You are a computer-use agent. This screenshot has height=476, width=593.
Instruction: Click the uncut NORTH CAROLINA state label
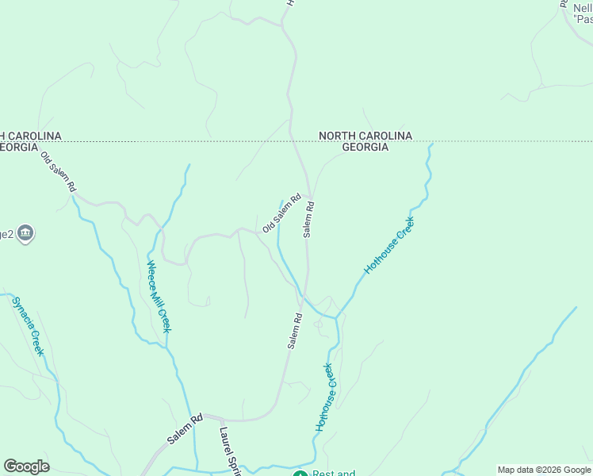(365, 136)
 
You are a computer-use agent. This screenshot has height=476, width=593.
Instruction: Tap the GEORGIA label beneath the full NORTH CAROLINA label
(365, 148)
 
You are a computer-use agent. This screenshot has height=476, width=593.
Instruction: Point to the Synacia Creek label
(27, 326)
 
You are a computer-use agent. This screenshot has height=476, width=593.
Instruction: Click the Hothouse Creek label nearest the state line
(389, 246)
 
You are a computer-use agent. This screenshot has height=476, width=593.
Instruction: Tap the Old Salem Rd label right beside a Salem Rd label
(281, 213)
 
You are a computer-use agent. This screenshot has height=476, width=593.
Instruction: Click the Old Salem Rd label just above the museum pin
(59, 171)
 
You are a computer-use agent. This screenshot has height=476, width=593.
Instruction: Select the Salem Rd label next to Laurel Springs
(186, 428)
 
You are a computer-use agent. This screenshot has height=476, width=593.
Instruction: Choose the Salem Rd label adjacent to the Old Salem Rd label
(309, 220)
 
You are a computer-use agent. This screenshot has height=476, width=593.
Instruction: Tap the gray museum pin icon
(25, 233)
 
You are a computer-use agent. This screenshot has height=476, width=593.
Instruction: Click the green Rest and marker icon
(300, 473)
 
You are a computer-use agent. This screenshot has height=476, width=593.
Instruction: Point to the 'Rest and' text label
(334, 473)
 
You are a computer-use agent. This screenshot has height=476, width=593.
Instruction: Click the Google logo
(26, 466)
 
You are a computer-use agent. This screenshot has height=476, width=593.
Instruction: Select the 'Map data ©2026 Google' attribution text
(545, 470)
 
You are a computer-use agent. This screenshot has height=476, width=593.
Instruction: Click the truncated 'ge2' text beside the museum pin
(6, 233)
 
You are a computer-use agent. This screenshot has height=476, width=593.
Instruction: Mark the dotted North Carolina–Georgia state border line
(198, 142)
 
